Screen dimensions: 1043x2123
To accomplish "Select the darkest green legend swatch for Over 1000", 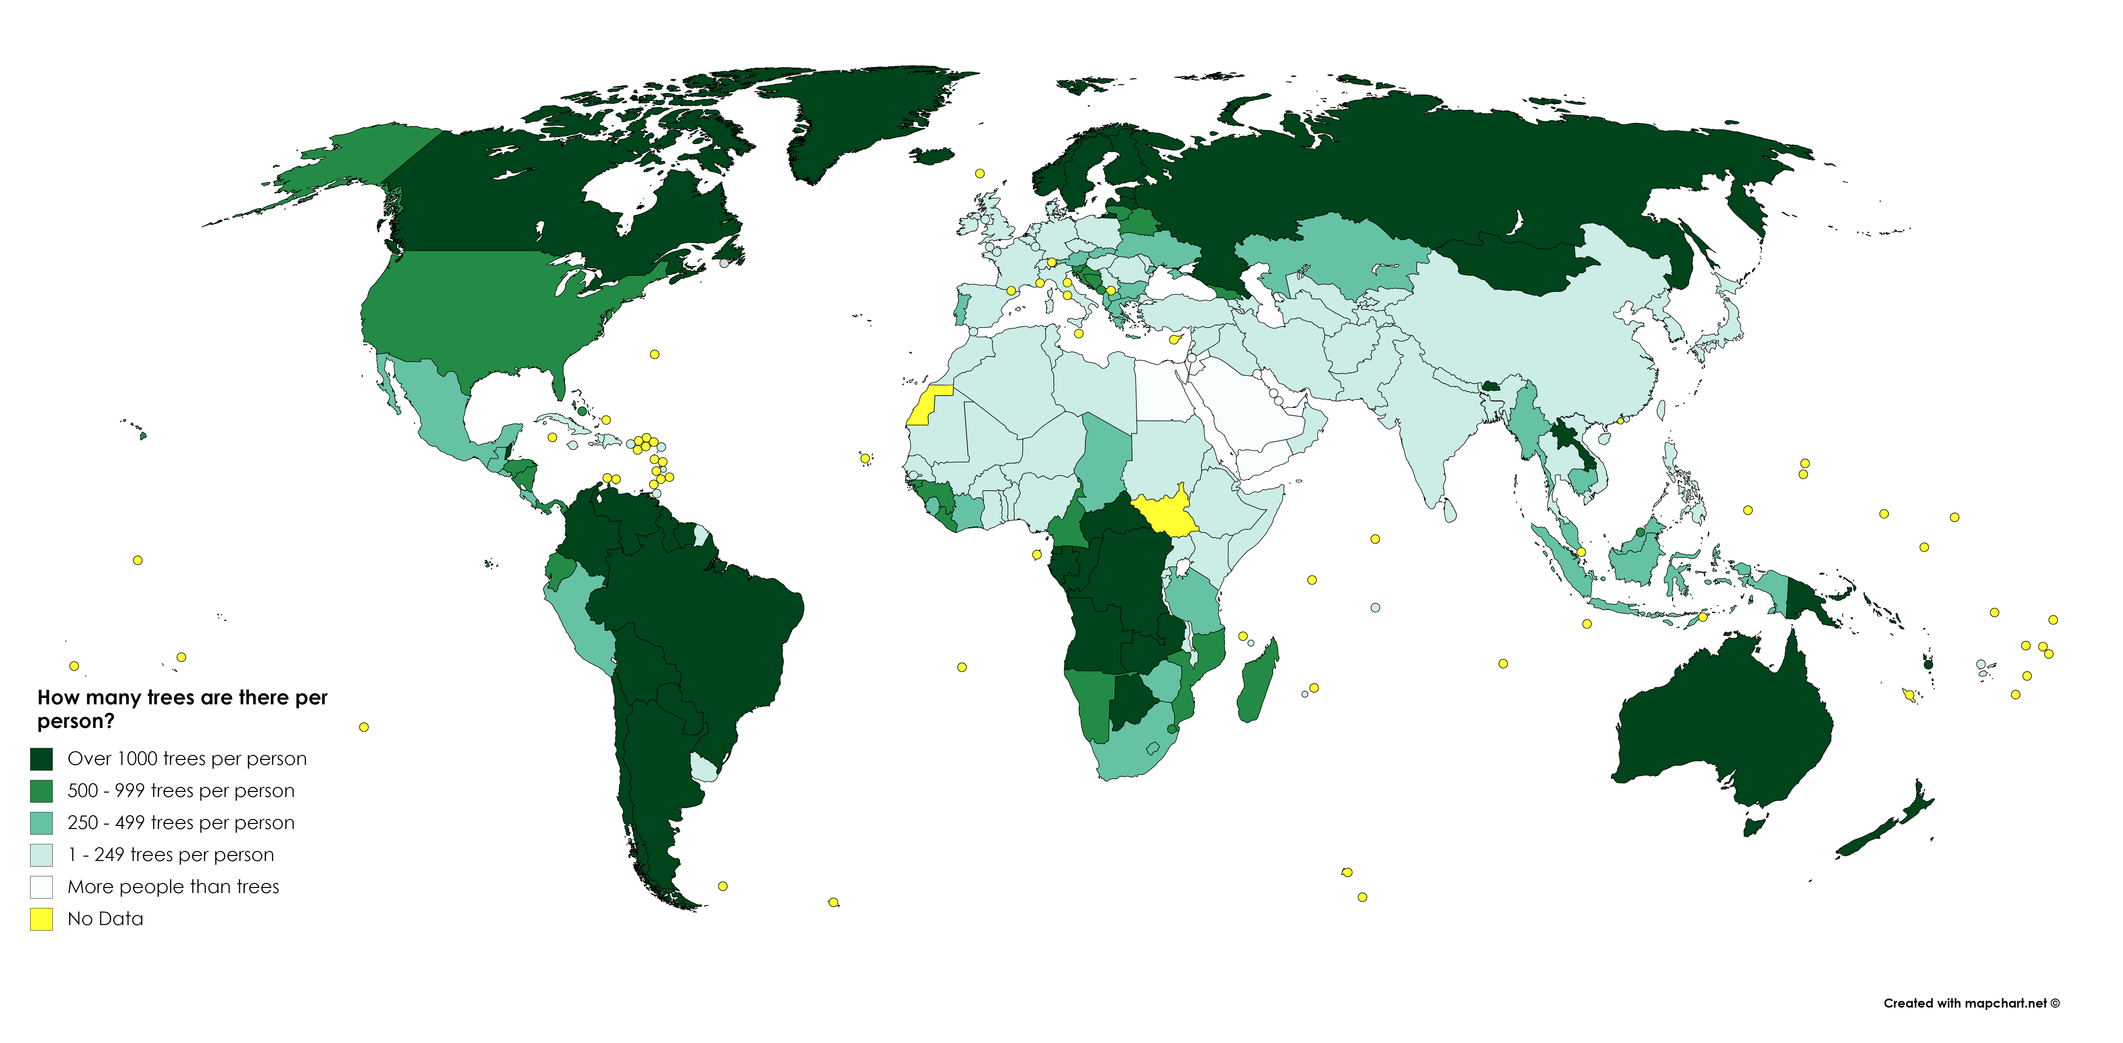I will pos(41,759).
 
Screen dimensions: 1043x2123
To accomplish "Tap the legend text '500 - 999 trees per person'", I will pos(181,791).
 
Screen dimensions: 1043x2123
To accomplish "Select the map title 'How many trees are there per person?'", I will pos(182,708).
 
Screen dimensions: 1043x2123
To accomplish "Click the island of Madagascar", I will pos(1257,684).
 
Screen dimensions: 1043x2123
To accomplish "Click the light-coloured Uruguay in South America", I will pos(703,768).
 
